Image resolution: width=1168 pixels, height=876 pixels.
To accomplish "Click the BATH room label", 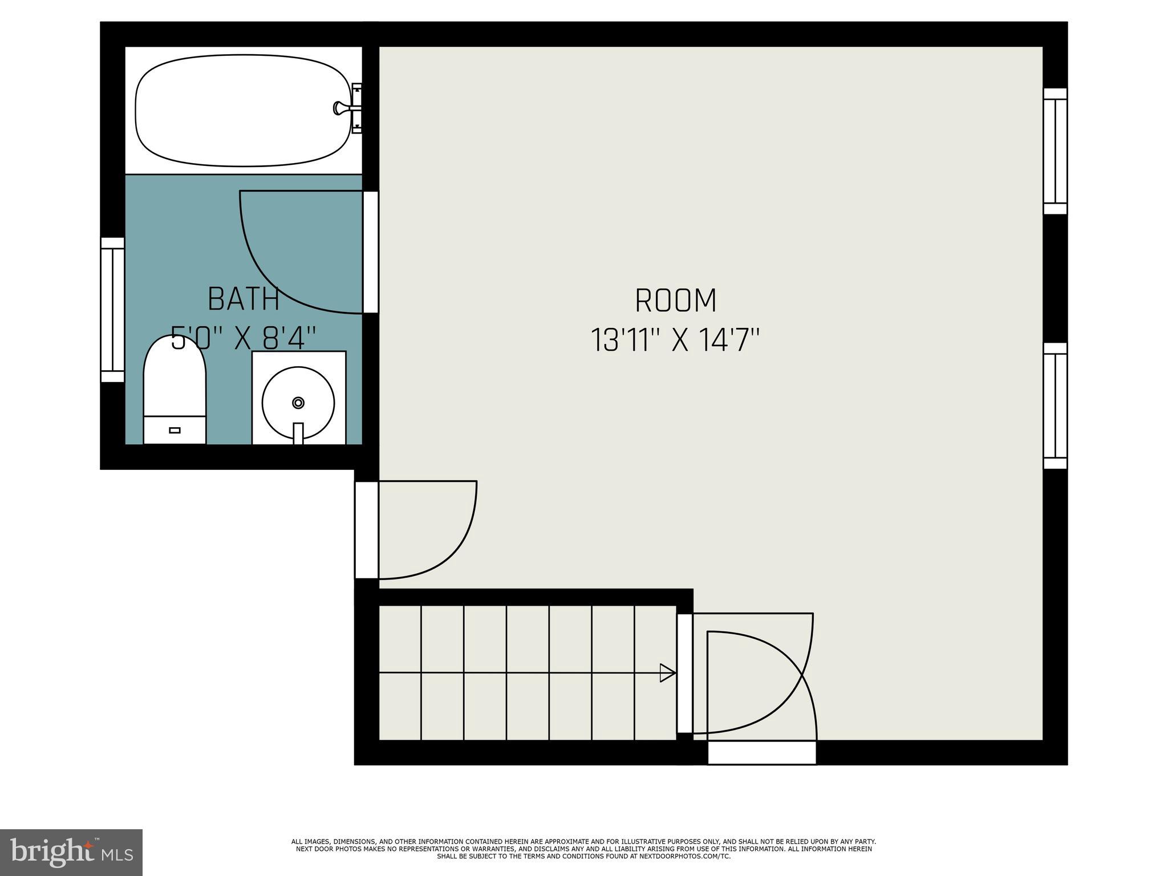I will point(244,299).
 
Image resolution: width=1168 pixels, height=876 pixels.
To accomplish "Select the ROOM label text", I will point(675,301).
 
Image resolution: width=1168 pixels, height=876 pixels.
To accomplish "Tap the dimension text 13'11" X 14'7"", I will point(675,340).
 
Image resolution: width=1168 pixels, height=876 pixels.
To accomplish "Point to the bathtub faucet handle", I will point(340,108).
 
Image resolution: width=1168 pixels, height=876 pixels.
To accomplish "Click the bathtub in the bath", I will point(242,111).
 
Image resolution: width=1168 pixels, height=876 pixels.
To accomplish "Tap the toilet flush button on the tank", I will point(175,430).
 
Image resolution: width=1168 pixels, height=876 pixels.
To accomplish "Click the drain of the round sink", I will point(298,403).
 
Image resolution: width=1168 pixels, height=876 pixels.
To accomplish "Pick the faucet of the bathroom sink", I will point(298,433).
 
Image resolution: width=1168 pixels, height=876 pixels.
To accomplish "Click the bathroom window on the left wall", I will point(112,310).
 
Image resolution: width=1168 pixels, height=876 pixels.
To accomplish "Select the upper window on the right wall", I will point(1055,151).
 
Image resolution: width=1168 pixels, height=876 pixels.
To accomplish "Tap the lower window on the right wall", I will point(1055,405).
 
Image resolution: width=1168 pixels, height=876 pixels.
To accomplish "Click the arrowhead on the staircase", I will point(667,673).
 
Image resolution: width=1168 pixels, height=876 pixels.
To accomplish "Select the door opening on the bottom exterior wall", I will point(762,753).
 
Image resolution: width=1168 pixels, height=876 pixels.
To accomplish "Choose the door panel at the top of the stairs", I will point(684,674).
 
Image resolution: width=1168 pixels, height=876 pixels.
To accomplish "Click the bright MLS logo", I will point(71,852).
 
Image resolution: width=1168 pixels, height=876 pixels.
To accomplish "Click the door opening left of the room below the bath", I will point(366,530).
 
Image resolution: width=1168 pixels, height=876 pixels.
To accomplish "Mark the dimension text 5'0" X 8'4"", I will point(244,338).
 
